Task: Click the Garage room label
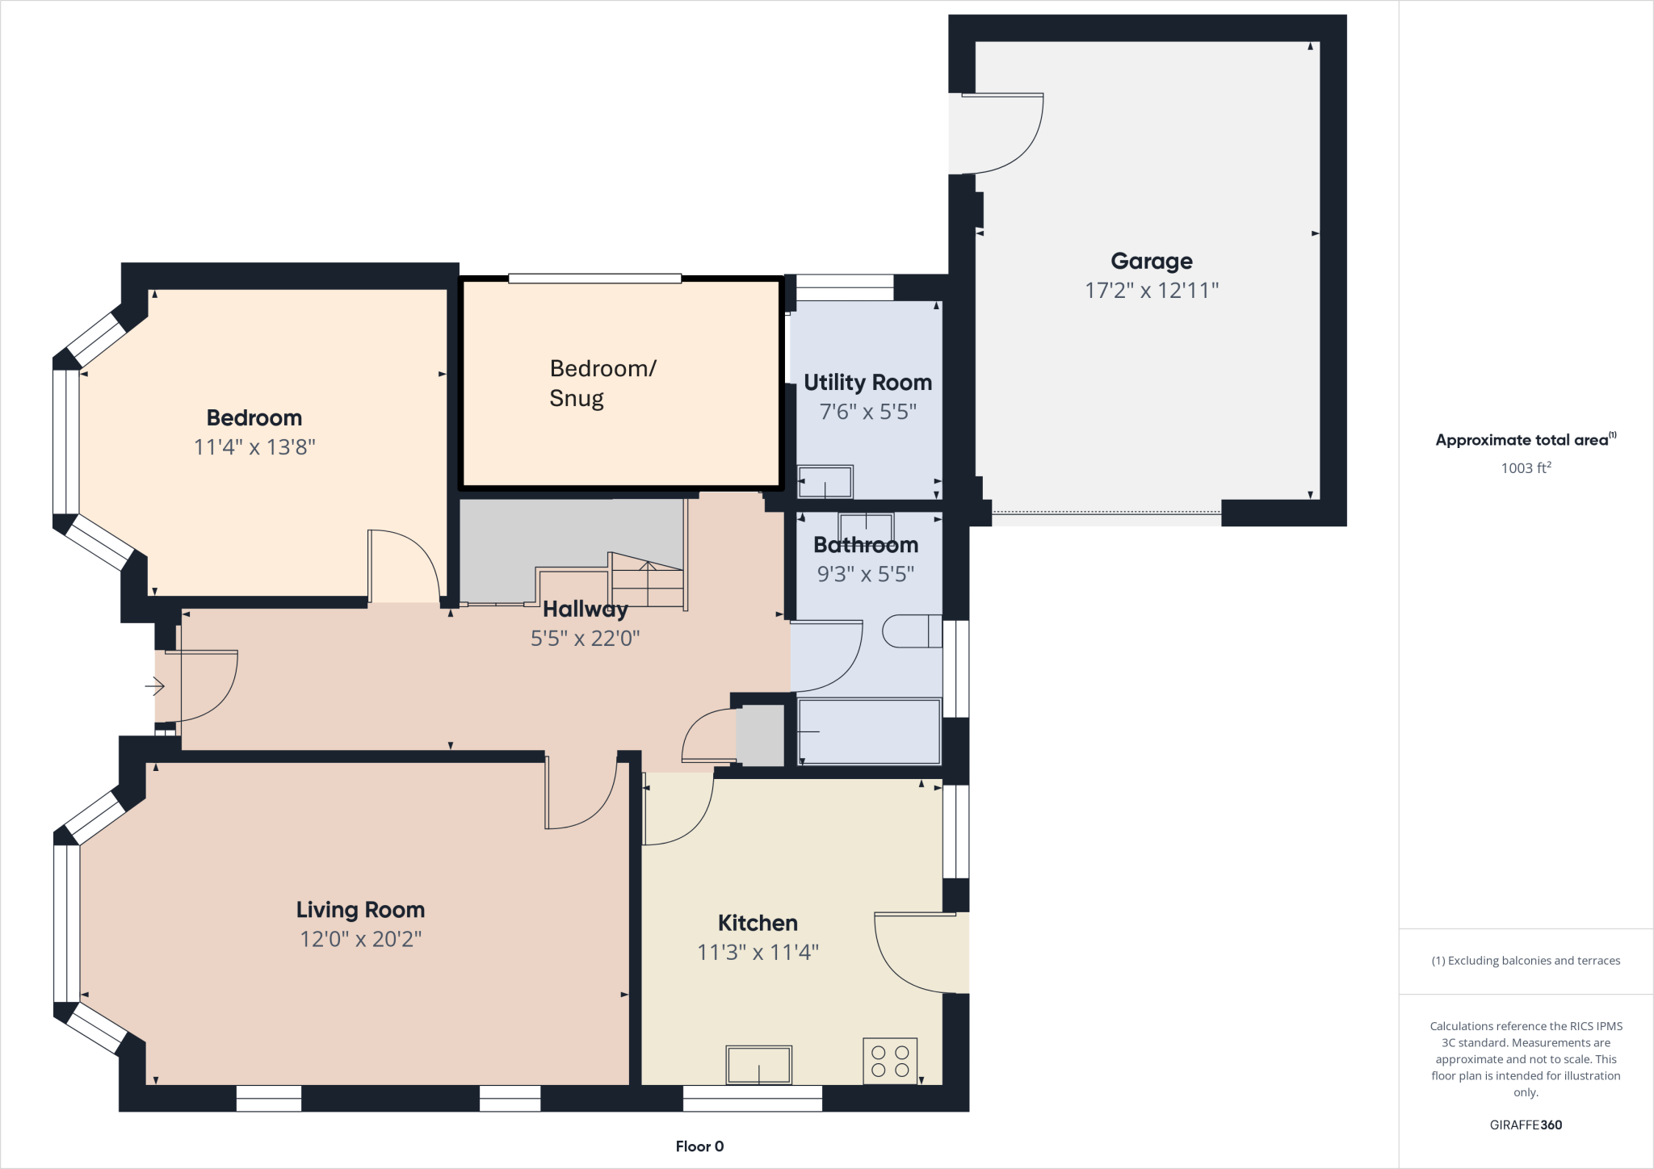tap(1151, 261)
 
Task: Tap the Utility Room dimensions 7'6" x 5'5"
tap(867, 412)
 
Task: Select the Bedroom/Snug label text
tap(602, 383)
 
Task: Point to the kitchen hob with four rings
tap(890, 1061)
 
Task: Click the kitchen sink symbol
tap(758, 1064)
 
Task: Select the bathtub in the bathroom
tap(869, 731)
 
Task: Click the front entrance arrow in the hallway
tap(155, 686)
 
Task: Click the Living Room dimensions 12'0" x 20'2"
tap(360, 939)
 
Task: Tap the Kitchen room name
tap(758, 923)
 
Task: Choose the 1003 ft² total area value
tap(1526, 468)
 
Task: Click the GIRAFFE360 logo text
tap(1526, 1125)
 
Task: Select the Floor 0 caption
tap(699, 1146)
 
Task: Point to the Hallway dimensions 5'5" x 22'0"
tap(585, 639)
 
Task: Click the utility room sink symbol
tap(825, 482)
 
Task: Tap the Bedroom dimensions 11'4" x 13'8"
tap(254, 447)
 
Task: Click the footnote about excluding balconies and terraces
tap(1526, 961)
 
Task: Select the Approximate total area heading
tap(1522, 440)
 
